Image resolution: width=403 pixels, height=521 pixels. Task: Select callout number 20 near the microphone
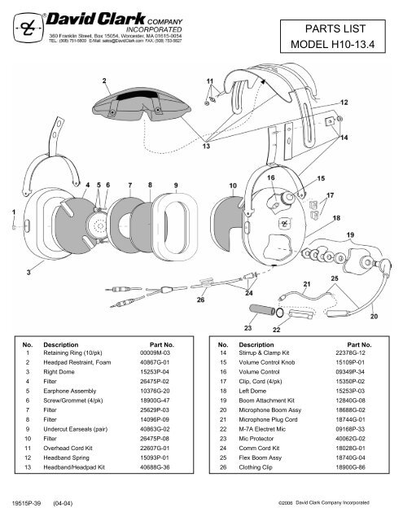point(374,315)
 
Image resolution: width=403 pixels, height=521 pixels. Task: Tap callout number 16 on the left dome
point(270,176)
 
